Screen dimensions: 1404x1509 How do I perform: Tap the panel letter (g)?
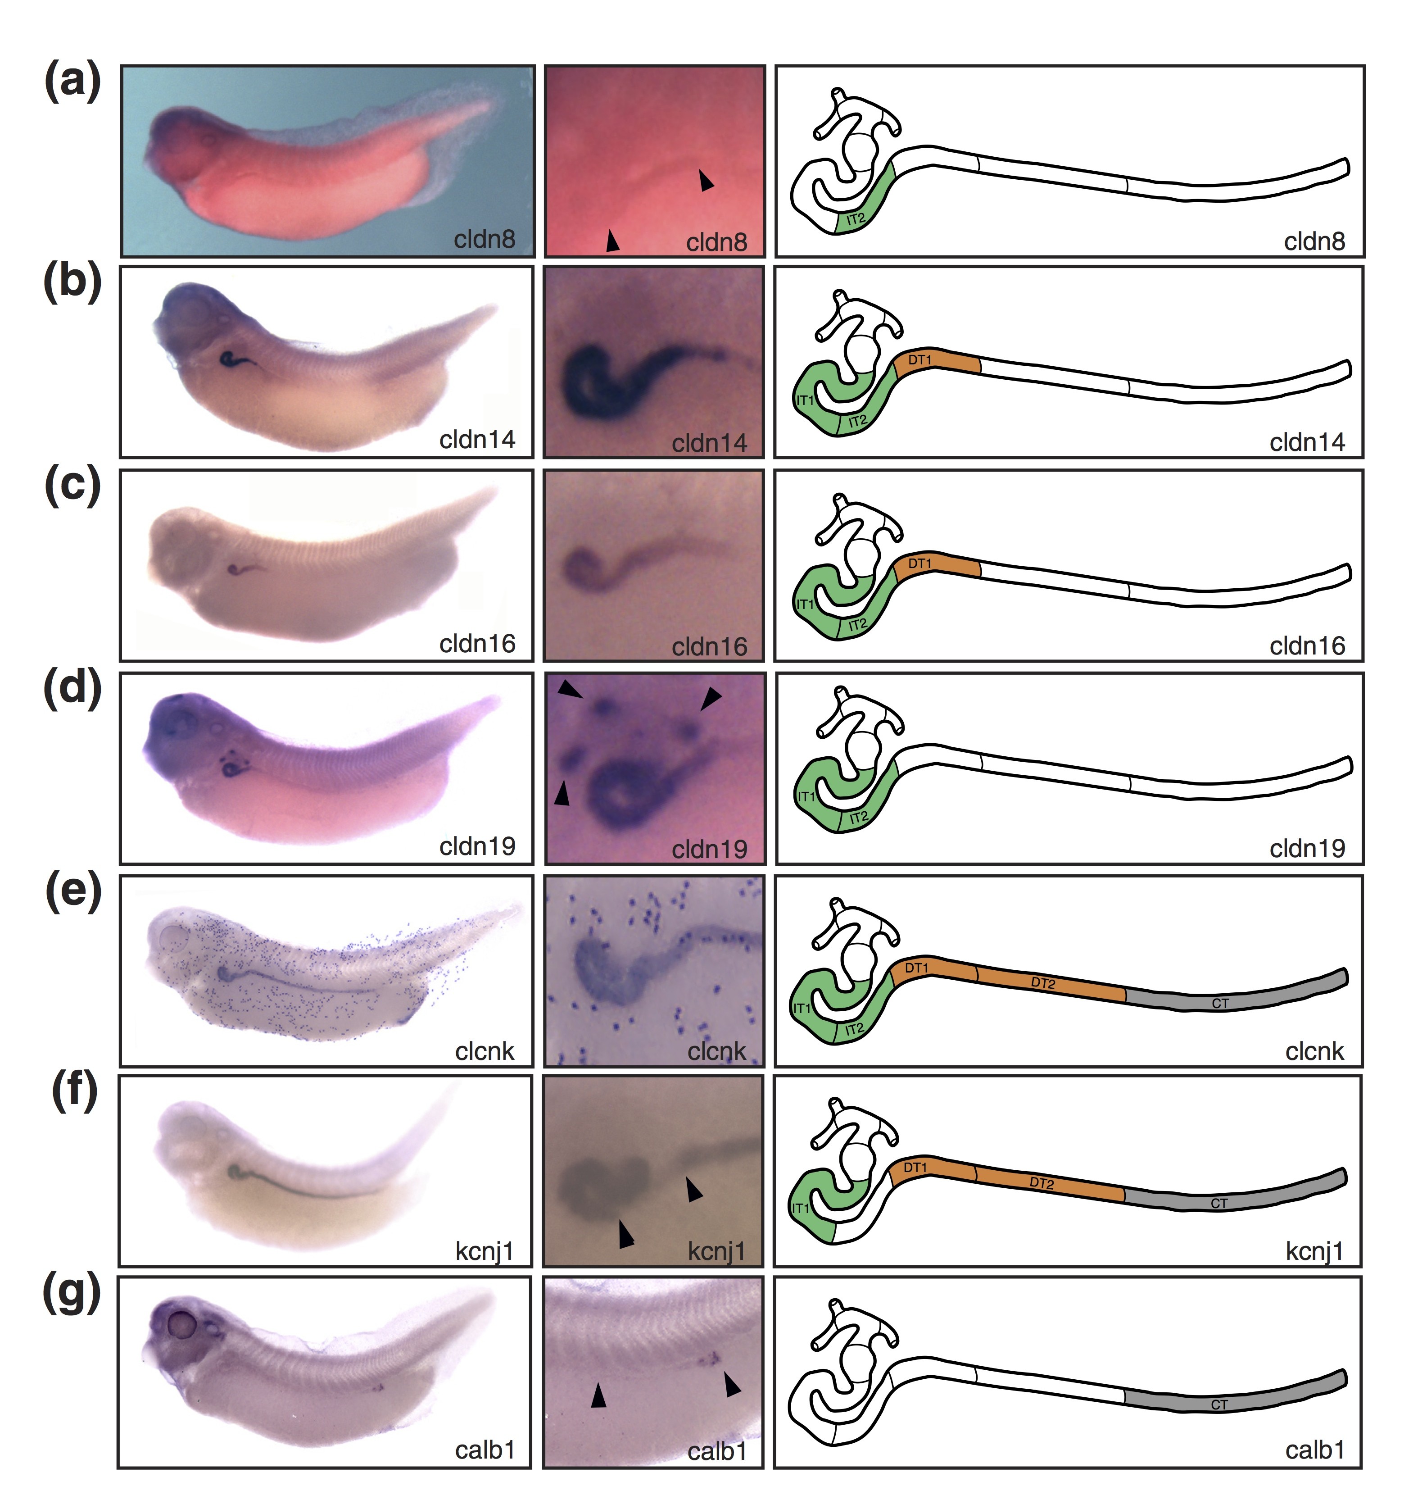[72, 1295]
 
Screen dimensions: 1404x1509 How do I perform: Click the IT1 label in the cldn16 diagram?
[805, 604]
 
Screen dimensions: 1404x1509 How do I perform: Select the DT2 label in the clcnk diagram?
[1043, 983]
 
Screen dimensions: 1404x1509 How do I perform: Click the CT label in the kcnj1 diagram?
[1219, 1203]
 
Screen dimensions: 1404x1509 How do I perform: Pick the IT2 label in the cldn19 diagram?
[858, 818]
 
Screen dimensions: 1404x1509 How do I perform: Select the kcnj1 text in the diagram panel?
[1314, 1251]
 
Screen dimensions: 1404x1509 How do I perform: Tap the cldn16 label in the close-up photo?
[710, 647]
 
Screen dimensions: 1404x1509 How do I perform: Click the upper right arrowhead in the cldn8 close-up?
[706, 180]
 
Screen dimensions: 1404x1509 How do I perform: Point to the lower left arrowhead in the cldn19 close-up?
[562, 793]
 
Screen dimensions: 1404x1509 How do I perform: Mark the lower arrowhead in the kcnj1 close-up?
[625, 1233]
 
